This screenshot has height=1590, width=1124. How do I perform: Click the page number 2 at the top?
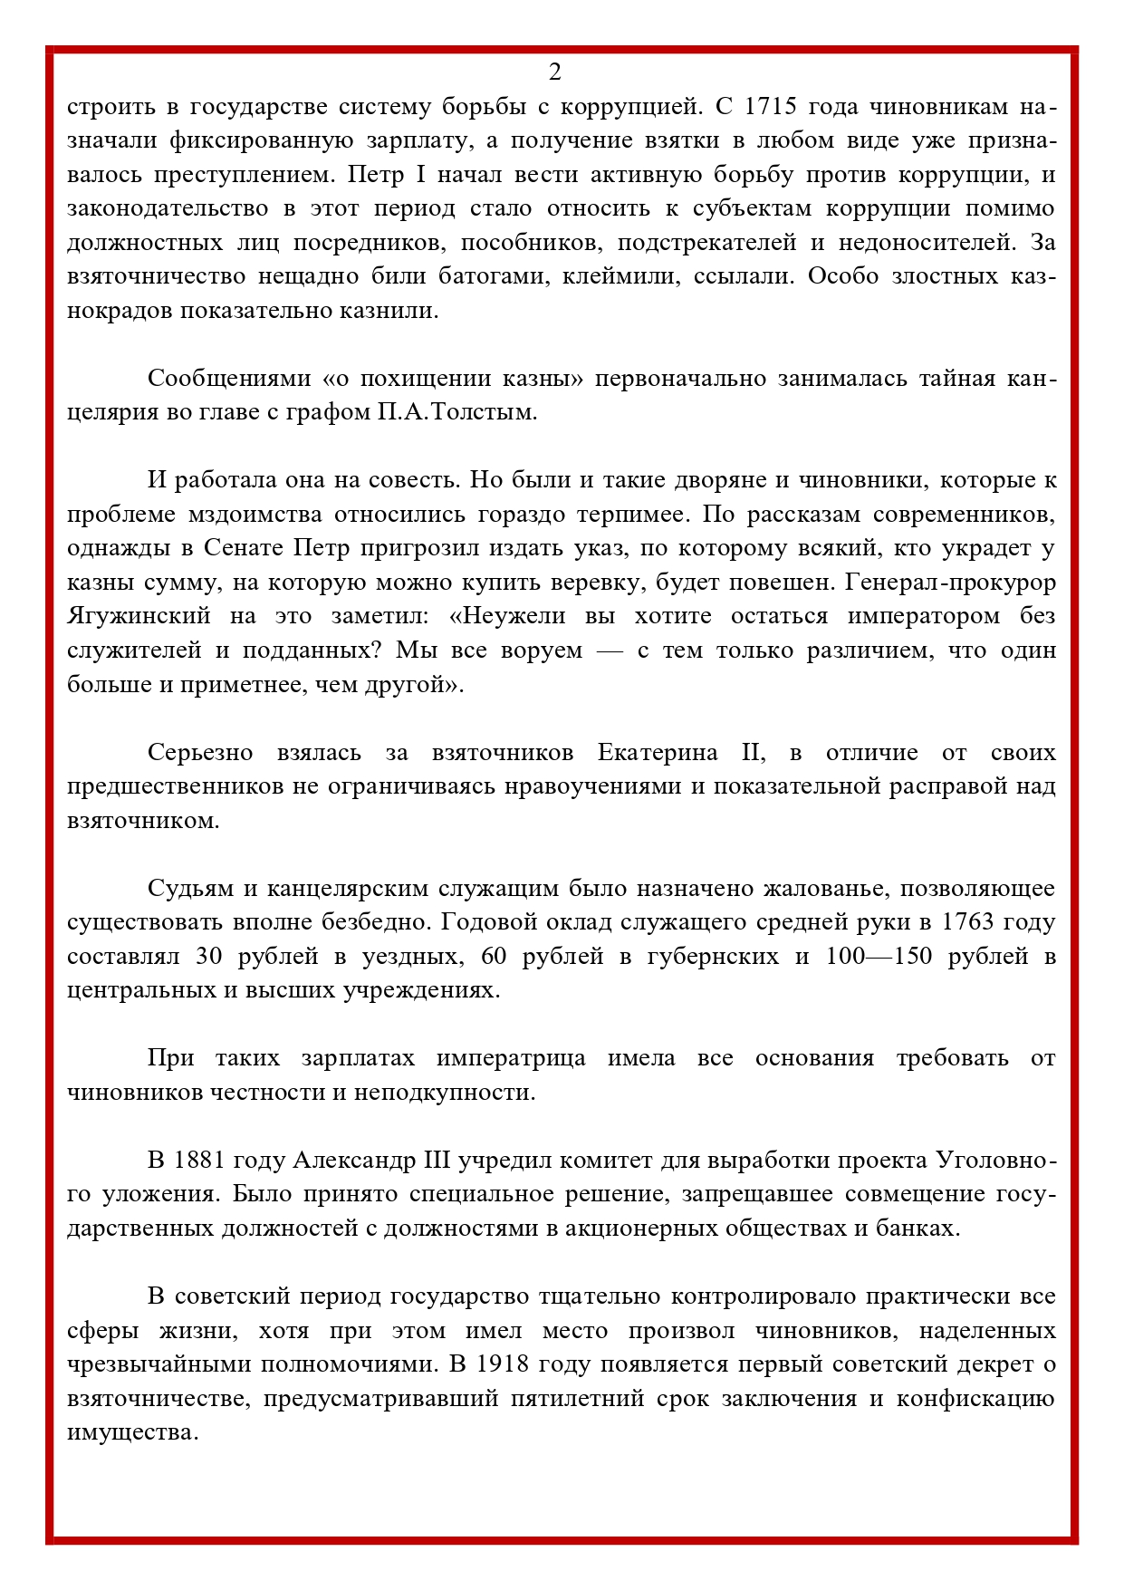554,72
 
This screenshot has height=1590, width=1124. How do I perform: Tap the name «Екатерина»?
658,753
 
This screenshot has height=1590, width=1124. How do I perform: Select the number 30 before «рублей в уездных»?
208,957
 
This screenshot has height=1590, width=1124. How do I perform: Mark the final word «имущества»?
132,1433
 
